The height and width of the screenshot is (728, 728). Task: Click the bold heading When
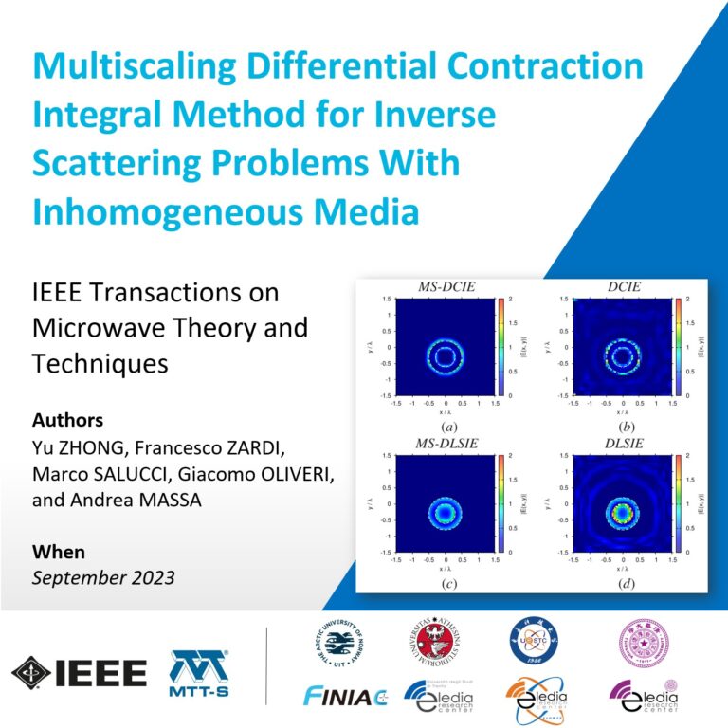tap(58, 552)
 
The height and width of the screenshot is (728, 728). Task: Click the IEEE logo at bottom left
tap(80, 673)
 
